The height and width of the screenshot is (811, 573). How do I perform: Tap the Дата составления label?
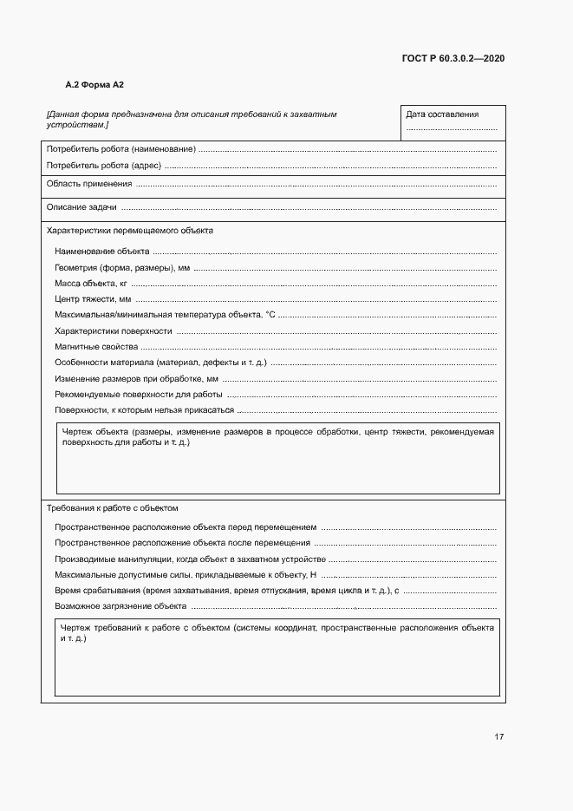coord(442,114)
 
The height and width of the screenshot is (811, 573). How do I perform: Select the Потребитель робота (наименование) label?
coord(120,149)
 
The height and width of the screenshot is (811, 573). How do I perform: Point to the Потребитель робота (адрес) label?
coord(104,165)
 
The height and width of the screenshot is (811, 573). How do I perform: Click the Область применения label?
coord(89,184)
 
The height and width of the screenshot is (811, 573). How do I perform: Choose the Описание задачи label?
coord(81,207)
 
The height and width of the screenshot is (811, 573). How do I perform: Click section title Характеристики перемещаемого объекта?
coord(129,231)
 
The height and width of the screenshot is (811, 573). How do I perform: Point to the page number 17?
coord(498,736)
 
